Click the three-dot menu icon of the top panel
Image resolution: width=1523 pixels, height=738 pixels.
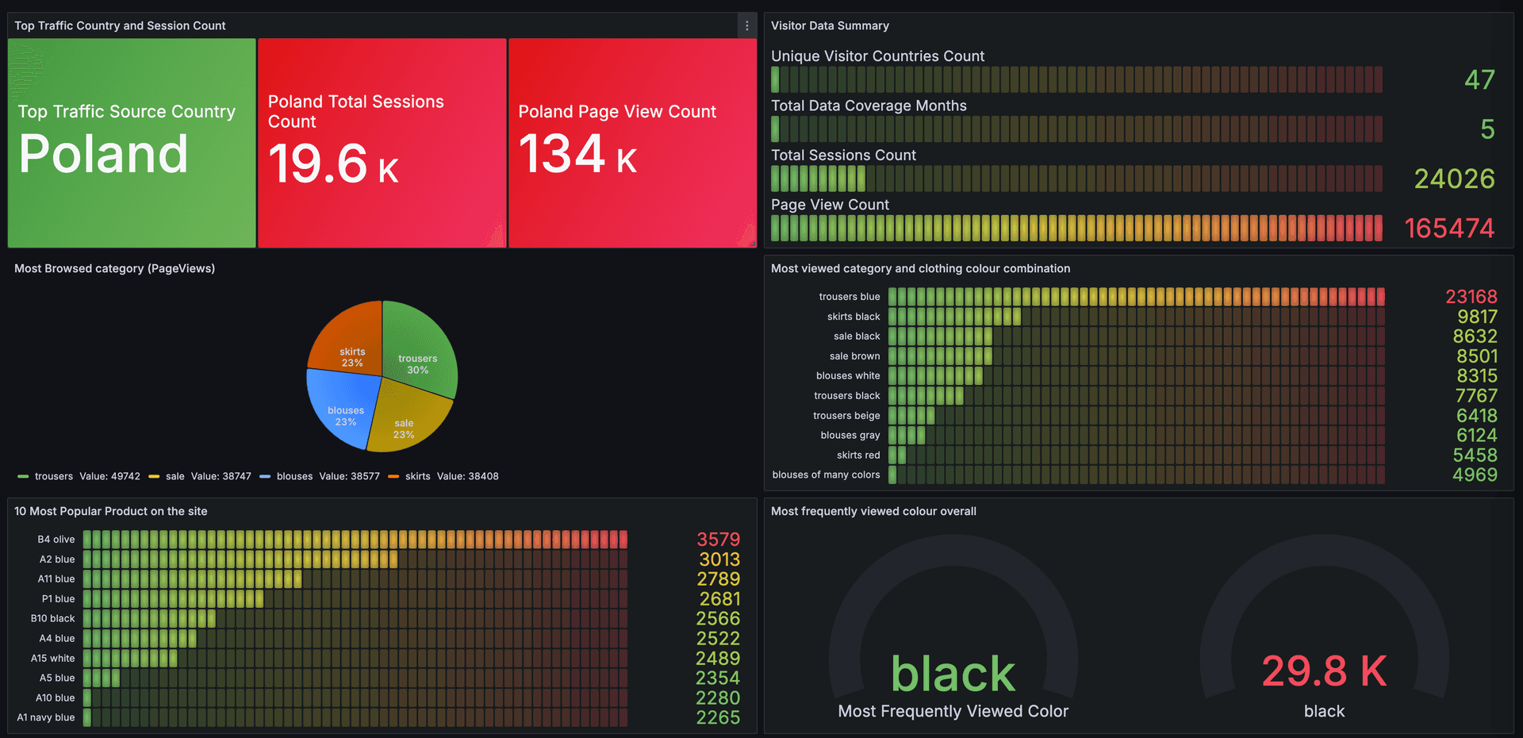tap(746, 25)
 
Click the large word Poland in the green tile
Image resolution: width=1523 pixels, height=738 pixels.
tap(103, 154)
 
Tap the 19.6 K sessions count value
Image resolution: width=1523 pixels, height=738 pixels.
tap(333, 164)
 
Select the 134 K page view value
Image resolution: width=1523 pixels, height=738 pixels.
tap(577, 154)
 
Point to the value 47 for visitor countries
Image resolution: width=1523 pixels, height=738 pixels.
tap(1479, 79)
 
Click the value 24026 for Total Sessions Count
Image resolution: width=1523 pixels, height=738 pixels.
tap(1454, 179)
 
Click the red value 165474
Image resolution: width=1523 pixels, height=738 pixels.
tap(1449, 229)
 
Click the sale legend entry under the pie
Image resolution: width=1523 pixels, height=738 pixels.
tap(175, 476)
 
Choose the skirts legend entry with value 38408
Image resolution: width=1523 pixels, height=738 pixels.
tap(417, 476)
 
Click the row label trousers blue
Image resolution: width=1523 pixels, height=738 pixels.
tap(849, 297)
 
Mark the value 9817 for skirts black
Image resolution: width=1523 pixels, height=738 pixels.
tap(1476, 317)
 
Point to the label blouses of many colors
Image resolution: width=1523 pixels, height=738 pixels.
tap(826, 475)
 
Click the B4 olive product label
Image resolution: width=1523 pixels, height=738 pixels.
tap(56, 540)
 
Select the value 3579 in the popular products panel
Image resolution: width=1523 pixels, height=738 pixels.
tap(718, 540)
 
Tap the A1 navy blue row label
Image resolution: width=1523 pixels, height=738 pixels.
tap(46, 717)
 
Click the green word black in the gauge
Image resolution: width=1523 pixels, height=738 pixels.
tap(953, 674)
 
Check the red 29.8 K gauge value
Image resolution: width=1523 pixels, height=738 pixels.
tap(1324, 671)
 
